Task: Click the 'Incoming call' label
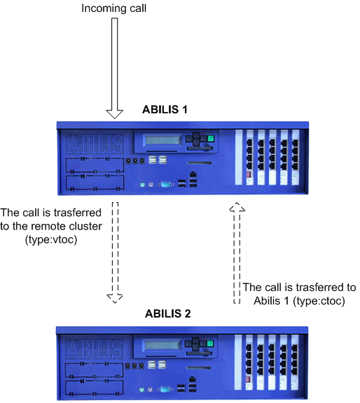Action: click(113, 8)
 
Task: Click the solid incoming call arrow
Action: click(114, 68)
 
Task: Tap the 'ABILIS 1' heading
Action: click(165, 109)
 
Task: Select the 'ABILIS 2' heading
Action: click(168, 313)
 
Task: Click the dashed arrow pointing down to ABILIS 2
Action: click(115, 253)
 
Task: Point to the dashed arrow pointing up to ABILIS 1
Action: click(237, 253)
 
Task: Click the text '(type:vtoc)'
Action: click(51, 239)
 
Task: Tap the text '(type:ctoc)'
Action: click(319, 301)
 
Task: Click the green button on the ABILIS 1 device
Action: click(211, 139)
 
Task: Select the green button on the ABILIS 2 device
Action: click(210, 344)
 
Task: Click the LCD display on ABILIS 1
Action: click(162, 140)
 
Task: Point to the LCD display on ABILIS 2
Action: click(162, 345)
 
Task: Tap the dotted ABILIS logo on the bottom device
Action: click(94, 348)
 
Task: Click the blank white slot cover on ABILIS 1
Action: click(239, 157)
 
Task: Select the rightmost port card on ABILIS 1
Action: click(296, 157)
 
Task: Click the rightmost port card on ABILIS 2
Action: click(295, 362)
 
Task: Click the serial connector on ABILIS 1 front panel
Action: click(165, 184)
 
